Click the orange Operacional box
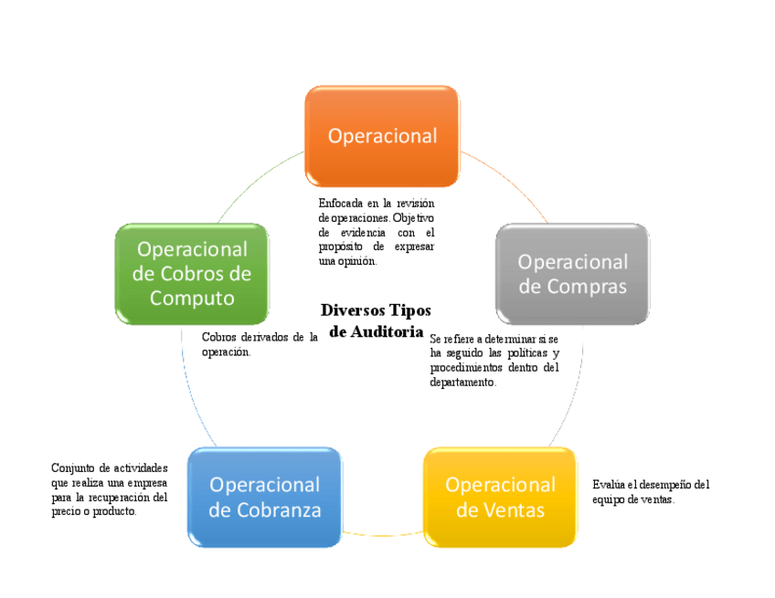381,136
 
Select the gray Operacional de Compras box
572,274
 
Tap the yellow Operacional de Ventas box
500,497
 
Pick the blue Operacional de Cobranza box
264,497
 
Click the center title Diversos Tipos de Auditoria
376,321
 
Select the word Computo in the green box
192,299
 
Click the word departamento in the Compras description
462,383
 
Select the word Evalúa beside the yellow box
607,485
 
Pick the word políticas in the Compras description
526,353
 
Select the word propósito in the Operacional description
339,247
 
